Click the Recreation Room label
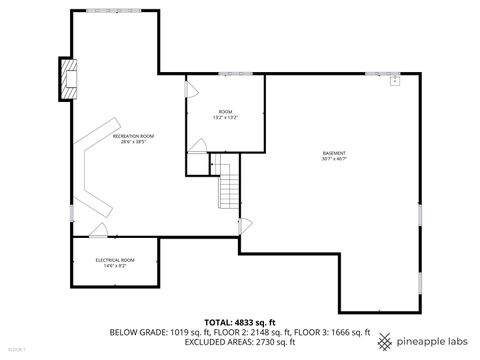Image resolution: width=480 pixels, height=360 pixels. pyautogui.click(x=134, y=136)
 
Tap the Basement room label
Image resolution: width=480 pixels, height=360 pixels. pyautogui.click(x=335, y=152)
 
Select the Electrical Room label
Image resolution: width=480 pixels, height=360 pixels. pyautogui.click(x=114, y=260)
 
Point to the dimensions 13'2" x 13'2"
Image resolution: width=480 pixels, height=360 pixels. pyautogui.click(x=225, y=117)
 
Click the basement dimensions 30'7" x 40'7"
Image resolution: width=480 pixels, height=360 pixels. pyautogui.click(x=335, y=159)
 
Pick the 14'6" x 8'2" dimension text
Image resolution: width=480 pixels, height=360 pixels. pyautogui.click(x=114, y=266)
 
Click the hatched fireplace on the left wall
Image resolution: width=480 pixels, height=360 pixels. pyautogui.click(x=68, y=79)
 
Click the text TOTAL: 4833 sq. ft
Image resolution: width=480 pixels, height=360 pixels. pyautogui.click(x=239, y=322)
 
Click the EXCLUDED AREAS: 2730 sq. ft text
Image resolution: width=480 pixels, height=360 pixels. pyautogui.click(x=239, y=342)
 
